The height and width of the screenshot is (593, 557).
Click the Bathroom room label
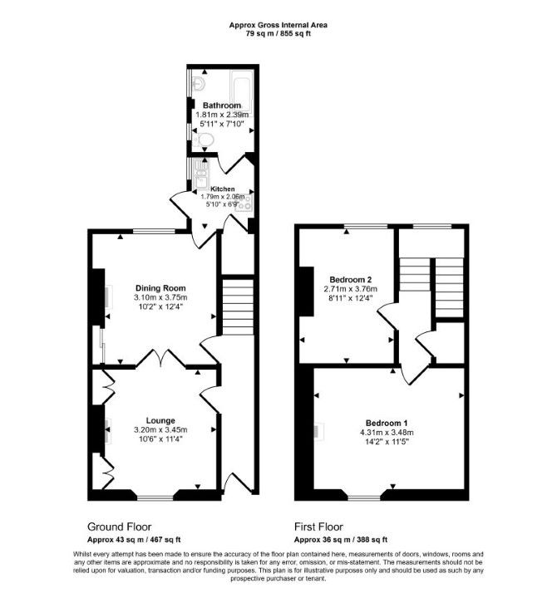[221, 105]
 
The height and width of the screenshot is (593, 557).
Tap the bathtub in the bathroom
[241, 91]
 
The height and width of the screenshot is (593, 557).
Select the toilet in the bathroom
[203, 140]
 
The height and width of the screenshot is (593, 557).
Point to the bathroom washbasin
[198, 83]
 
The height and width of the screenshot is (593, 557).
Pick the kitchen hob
[246, 203]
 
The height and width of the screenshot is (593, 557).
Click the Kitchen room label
[222, 189]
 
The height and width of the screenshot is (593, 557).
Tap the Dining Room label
[160, 288]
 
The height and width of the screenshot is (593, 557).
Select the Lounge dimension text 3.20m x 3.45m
[160, 430]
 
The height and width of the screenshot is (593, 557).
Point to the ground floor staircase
[238, 306]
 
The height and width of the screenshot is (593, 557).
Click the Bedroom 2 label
[351, 280]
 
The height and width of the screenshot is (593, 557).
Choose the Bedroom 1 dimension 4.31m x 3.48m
[387, 432]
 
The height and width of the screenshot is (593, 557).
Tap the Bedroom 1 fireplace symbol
[319, 432]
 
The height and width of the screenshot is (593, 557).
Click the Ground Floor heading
[119, 527]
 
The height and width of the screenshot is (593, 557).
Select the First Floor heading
[319, 527]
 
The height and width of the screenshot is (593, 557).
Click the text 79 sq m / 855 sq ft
[278, 33]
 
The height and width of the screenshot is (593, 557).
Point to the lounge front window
[155, 498]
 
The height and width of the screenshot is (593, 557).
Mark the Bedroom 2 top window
[366, 226]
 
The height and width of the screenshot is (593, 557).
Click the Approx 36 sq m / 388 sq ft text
[341, 540]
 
